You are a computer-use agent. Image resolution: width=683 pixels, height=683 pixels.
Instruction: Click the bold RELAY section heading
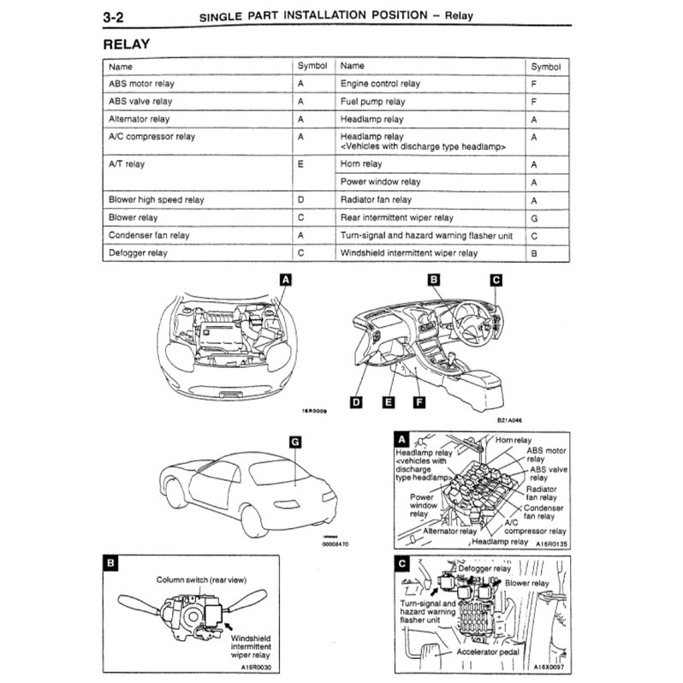pyautogui.click(x=127, y=43)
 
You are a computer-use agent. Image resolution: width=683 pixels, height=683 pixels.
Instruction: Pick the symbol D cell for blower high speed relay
pyautogui.click(x=300, y=199)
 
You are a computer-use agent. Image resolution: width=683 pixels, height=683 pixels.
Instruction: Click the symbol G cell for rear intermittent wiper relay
pyautogui.click(x=533, y=218)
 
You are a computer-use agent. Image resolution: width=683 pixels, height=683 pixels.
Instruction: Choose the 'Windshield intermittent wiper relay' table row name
pyautogui.click(x=409, y=253)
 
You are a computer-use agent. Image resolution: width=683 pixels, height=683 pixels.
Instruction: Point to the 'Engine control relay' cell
pyautogui.click(x=380, y=84)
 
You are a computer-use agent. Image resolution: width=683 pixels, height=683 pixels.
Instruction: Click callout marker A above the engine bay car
pyautogui.click(x=286, y=280)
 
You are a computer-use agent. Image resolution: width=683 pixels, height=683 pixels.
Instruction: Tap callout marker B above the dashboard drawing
pyautogui.click(x=434, y=280)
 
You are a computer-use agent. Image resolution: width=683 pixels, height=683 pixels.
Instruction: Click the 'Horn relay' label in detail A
pyautogui.click(x=514, y=440)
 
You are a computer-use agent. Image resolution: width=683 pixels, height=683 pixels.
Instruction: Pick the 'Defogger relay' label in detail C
pyautogui.click(x=484, y=567)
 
